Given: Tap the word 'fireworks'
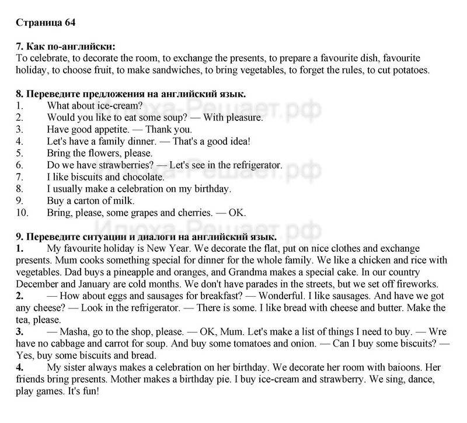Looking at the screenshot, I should (x=415, y=284).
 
